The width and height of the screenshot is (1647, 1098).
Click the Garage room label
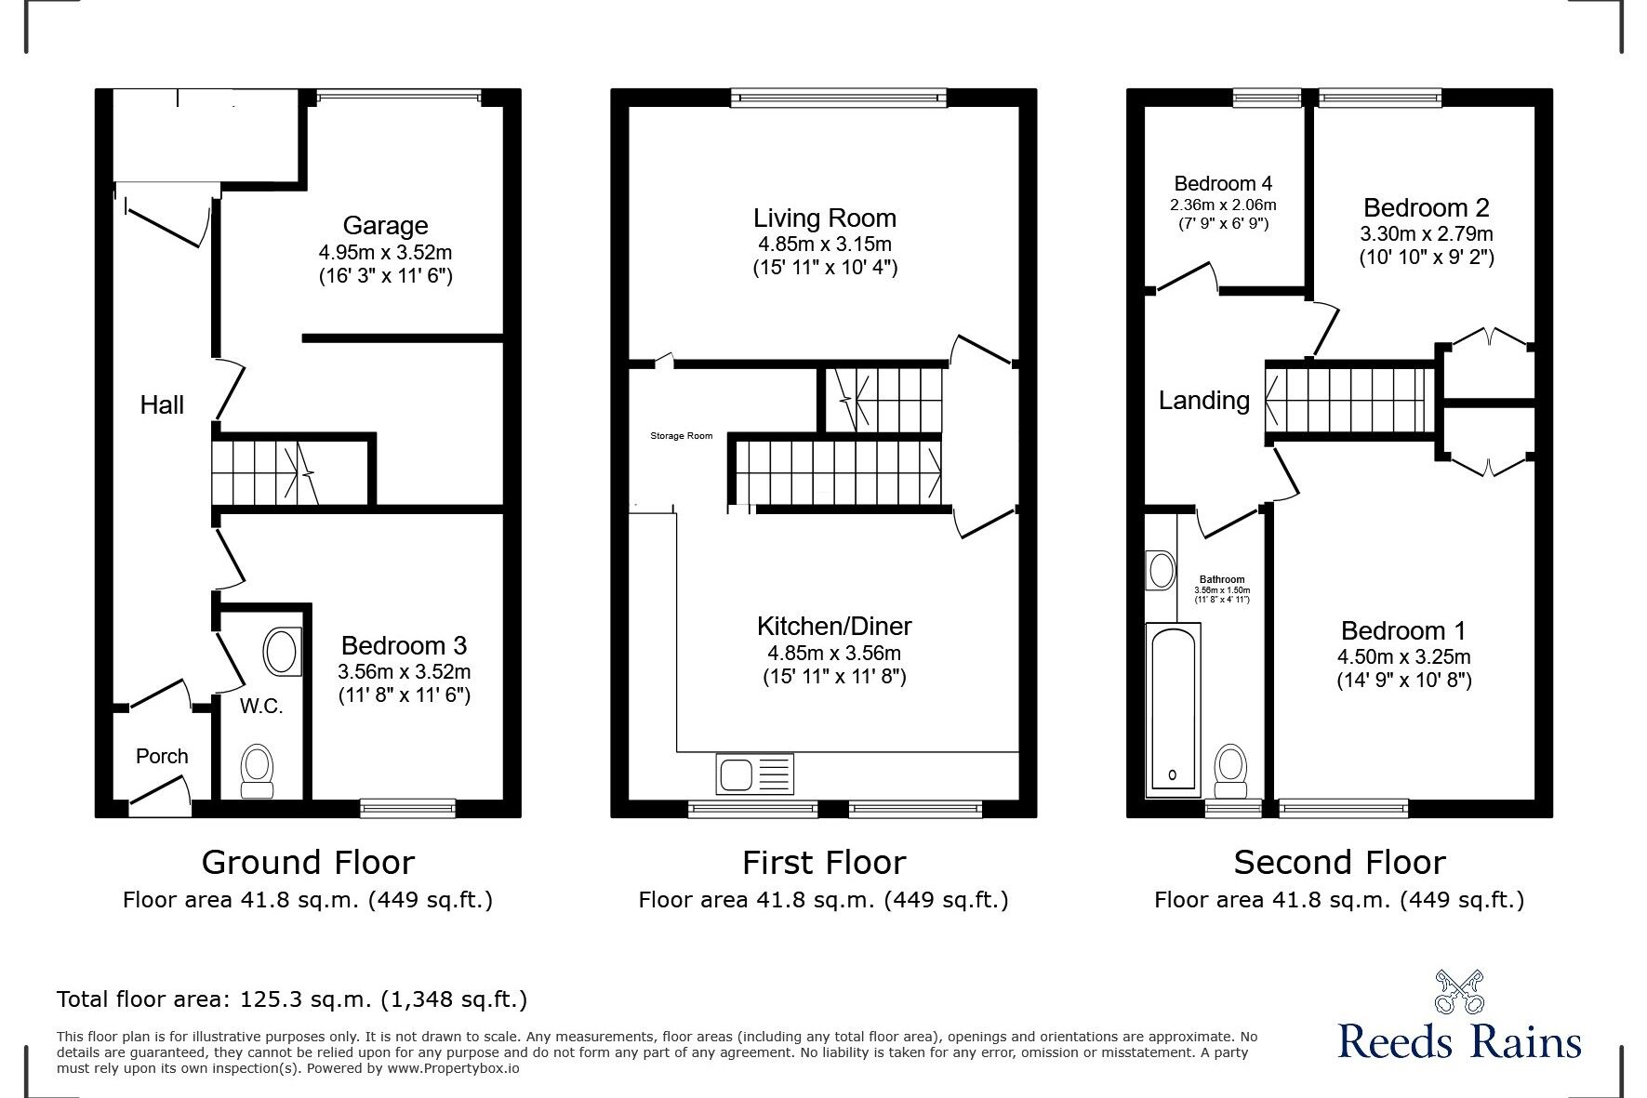(x=385, y=225)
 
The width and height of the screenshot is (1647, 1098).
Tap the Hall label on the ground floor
(x=162, y=404)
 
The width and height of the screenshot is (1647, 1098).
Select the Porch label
(x=162, y=756)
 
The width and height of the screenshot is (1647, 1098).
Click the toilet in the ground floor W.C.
(x=258, y=772)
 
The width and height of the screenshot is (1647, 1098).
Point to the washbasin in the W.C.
(x=282, y=651)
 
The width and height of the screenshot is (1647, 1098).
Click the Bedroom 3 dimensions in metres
(x=405, y=671)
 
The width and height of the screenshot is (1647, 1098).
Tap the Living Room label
(x=825, y=218)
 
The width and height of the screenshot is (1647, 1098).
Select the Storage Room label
(x=681, y=436)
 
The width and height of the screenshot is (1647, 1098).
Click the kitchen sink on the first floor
(x=754, y=774)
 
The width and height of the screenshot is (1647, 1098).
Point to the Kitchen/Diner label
(x=834, y=626)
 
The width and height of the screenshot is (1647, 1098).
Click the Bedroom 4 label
(x=1223, y=183)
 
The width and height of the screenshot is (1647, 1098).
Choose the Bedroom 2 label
(x=1427, y=207)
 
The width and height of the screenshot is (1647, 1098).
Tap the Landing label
(x=1203, y=401)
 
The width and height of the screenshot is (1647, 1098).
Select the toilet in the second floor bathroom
(x=1231, y=772)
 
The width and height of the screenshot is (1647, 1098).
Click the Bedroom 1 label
(x=1403, y=631)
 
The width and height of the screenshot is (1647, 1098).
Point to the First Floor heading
(x=823, y=863)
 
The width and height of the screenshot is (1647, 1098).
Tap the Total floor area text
(x=292, y=999)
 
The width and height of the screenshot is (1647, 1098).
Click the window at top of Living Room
(x=838, y=97)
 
